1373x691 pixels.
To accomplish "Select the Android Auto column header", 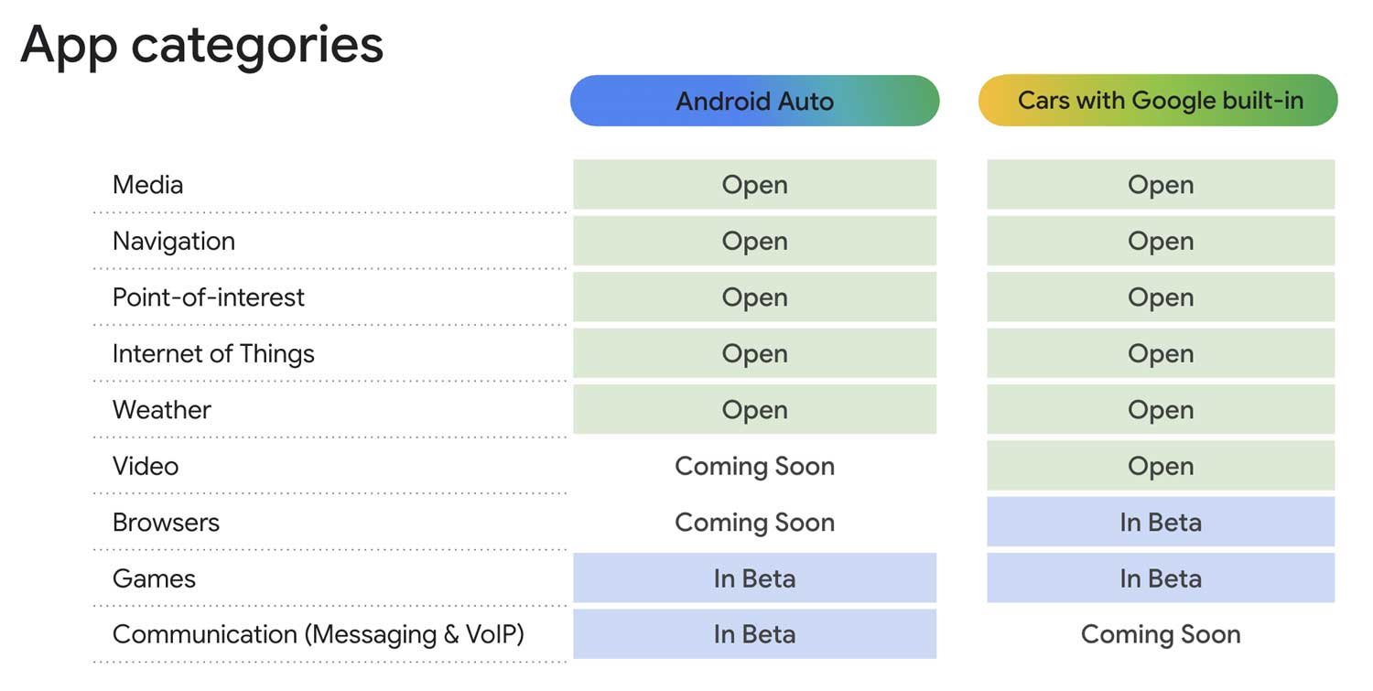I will tap(754, 101).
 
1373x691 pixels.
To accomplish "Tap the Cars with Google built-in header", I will tap(1159, 101).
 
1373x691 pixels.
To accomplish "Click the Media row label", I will tap(147, 185).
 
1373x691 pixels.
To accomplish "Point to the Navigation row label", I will tap(173, 242).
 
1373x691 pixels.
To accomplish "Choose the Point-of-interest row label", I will tap(208, 297).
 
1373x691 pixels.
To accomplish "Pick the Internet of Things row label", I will tap(212, 354).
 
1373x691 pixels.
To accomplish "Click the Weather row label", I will tap(161, 410).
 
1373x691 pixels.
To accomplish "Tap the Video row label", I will tap(145, 466).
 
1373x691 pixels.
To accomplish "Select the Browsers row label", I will tap(166, 523).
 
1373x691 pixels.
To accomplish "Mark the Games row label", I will tap(154, 578).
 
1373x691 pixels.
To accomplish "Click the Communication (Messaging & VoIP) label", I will tap(318, 634).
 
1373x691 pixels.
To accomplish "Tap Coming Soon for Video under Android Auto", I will tap(754, 466).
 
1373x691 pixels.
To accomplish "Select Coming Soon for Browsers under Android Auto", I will tap(754, 523).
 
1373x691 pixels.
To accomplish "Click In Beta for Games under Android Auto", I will tap(754, 578).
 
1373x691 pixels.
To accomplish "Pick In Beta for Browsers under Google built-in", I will tap(1160, 523).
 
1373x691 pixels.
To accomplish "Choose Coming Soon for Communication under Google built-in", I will tap(1160, 634).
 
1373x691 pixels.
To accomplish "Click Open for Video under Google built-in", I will tap(1160, 466).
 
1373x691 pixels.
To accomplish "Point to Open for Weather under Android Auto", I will tap(754, 410).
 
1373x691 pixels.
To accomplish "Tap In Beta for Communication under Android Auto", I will tap(754, 634).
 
